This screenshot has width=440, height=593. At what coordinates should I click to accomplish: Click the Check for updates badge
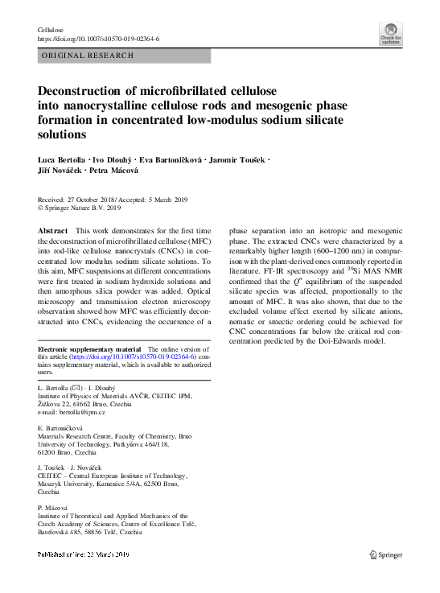click(392, 34)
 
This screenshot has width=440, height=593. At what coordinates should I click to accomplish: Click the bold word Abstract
click(53, 231)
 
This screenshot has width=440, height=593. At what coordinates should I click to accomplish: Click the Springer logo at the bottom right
click(385, 554)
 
